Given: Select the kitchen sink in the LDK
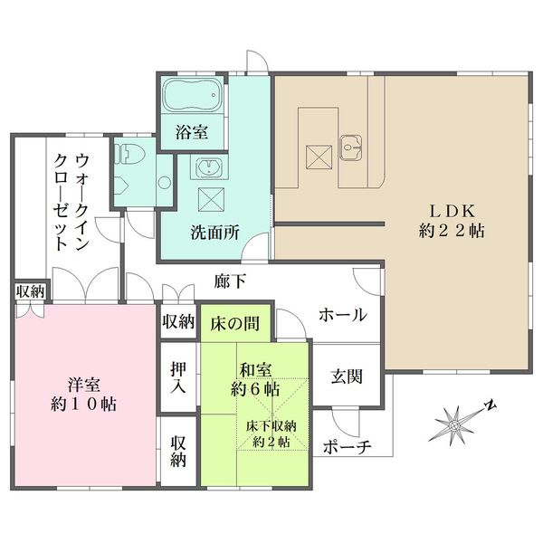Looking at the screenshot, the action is point(351,148).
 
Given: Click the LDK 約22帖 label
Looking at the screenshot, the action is point(452,221).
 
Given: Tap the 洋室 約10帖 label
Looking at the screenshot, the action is point(83,394).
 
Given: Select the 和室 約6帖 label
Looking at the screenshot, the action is point(255,380).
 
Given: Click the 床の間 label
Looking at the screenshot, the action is point(234,324).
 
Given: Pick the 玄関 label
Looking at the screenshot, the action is point(347,376).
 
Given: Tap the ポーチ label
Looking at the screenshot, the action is point(347,447).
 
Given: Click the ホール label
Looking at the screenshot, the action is point(342,315).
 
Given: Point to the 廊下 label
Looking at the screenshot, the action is point(230,281).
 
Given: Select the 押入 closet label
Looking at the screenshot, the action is point(178,377).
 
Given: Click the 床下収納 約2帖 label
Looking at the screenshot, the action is point(271,433).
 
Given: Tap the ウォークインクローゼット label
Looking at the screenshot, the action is point(72,202).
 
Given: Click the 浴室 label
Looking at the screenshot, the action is point(192,132).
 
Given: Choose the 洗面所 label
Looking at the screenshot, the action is point(214,233).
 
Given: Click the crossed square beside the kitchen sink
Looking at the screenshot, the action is point(319,157).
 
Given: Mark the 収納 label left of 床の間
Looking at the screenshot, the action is point(178,321).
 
